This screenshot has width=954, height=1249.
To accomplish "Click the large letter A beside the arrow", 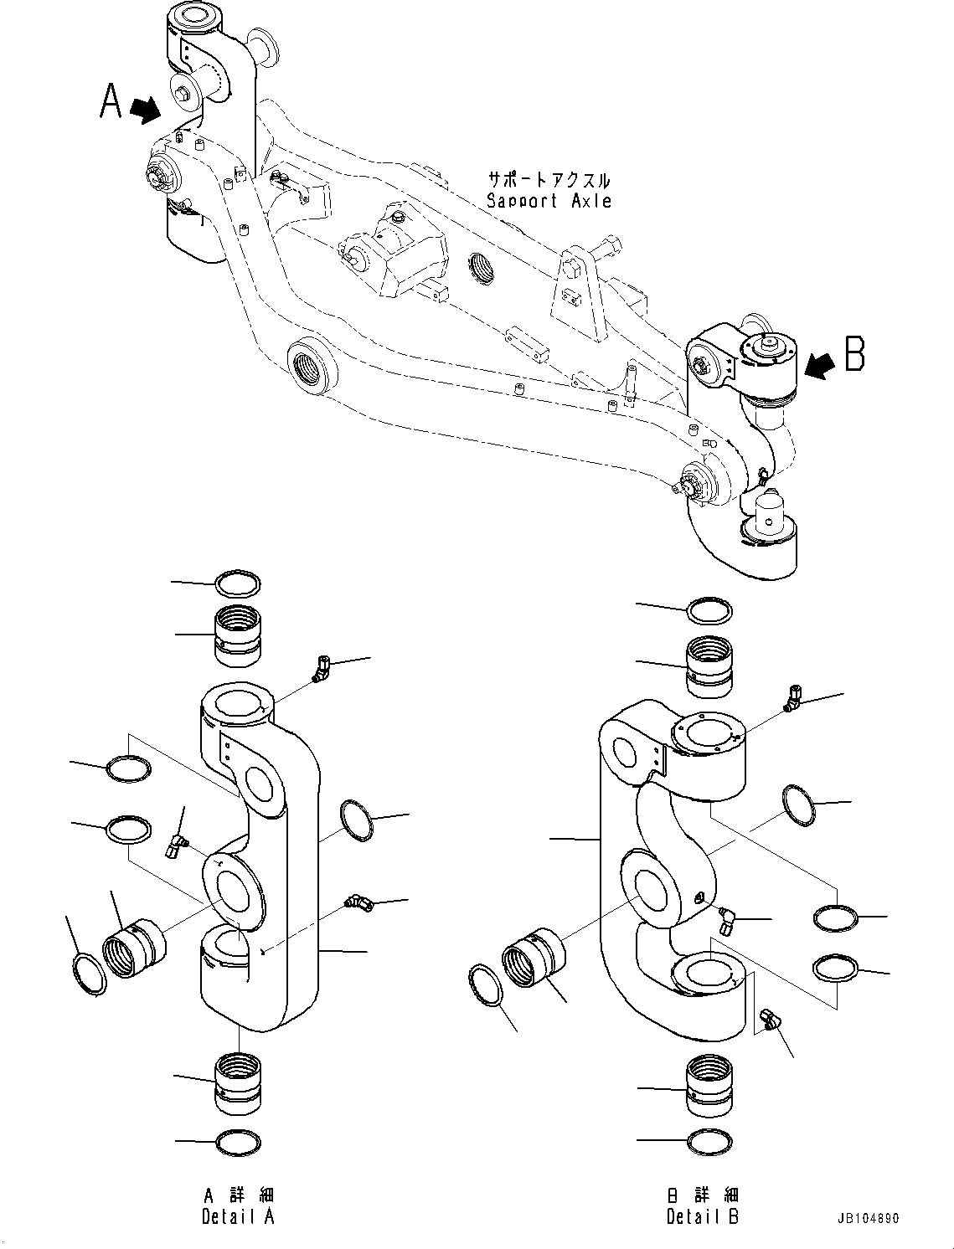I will (111, 101).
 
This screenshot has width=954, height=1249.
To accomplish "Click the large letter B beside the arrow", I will (853, 354).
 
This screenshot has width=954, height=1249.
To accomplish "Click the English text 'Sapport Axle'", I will (549, 201).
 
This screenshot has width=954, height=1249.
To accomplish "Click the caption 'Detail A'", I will (238, 1216).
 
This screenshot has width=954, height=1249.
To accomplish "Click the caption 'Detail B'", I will (703, 1216).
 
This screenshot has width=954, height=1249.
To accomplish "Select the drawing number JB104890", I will (866, 1219).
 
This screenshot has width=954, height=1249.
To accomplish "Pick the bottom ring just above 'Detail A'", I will (238, 1143).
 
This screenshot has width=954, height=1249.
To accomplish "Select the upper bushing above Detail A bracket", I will (238, 636).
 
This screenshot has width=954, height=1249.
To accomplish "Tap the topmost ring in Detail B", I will (709, 610).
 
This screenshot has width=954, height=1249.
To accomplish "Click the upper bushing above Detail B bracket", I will (709, 666).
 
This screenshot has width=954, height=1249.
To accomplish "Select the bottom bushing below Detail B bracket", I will (709, 1086).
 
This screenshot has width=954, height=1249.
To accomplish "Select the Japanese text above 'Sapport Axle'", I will (549, 180).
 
